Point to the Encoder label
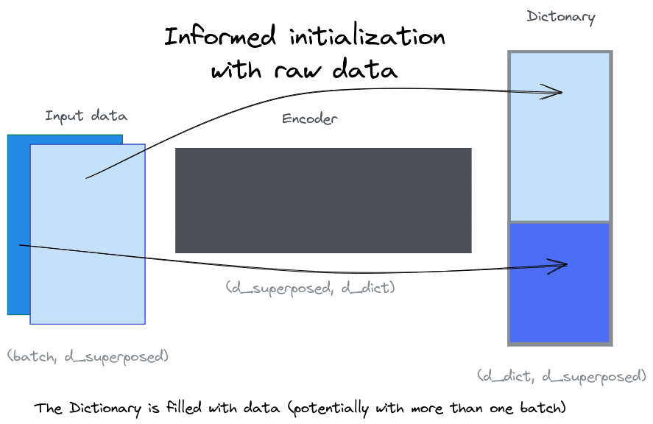(310, 119)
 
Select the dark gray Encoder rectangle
(323, 200)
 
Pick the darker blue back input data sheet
(18, 221)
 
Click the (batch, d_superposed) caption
(88, 356)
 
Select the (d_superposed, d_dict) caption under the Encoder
(311, 288)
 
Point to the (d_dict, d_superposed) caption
(562, 376)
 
